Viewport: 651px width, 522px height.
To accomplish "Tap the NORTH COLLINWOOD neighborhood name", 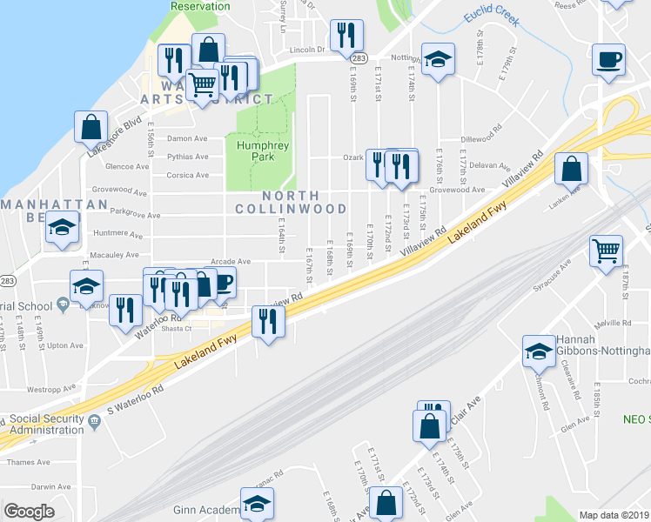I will point(291,202).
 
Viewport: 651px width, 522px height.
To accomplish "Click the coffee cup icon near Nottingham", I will point(607,60).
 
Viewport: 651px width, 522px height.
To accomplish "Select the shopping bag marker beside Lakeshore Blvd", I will point(91,127).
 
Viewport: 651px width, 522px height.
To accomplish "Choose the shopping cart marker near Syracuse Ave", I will point(606,251).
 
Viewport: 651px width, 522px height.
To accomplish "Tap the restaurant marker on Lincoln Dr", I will point(346,36).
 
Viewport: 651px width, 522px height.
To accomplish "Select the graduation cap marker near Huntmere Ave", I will point(62,228).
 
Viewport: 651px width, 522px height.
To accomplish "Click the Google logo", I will point(29,512).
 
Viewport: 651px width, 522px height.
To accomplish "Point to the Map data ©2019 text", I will point(614,515).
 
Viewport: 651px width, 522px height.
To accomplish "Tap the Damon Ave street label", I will point(187,139).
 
